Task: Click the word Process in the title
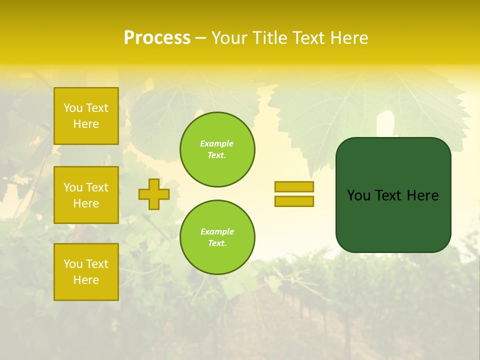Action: click(157, 38)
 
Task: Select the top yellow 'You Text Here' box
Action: click(86, 116)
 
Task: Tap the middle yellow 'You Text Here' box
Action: click(86, 195)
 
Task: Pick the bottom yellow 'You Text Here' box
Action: click(86, 272)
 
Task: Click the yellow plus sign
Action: click(154, 194)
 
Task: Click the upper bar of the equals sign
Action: click(294, 187)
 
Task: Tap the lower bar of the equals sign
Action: click(294, 201)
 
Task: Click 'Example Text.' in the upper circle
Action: click(217, 149)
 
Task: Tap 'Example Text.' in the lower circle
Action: click(217, 237)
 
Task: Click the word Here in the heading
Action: click(349, 38)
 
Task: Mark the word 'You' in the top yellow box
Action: click(72, 108)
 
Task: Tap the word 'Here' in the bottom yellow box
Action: click(86, 280)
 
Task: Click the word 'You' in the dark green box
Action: click(358, 195)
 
